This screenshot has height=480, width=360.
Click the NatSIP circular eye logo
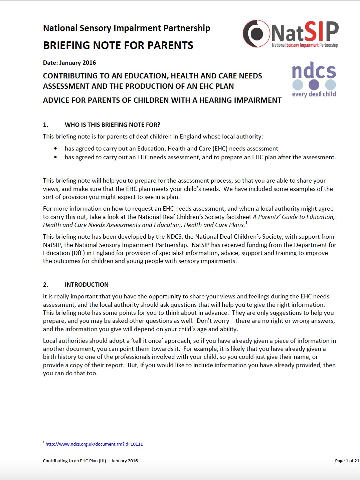coord(256,33)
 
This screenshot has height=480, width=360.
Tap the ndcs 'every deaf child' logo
coord(314,79)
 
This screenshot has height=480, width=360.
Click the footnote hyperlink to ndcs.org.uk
coord(94,444)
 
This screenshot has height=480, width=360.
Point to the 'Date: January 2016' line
coord(69,63)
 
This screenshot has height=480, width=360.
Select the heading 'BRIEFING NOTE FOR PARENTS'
coord(118,45)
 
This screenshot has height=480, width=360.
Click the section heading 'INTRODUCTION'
coord(86,285)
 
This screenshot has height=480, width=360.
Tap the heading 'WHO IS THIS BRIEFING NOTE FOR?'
coord(113,125)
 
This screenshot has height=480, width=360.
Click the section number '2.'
coord(45,285)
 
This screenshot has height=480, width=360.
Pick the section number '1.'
coord(45,125)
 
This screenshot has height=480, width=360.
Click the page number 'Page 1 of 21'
coord(347,461)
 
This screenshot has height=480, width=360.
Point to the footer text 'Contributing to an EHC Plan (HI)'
coord(74,461)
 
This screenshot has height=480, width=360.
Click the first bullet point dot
coord(55,149)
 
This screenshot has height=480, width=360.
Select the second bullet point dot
coord(55,157)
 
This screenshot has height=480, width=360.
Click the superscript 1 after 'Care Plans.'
coord(246,223)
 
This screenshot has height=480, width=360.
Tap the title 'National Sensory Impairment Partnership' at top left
coord(127,28)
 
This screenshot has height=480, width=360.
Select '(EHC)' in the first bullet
coord(220,149)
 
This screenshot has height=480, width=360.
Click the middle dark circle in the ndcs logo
coord(314,85)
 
